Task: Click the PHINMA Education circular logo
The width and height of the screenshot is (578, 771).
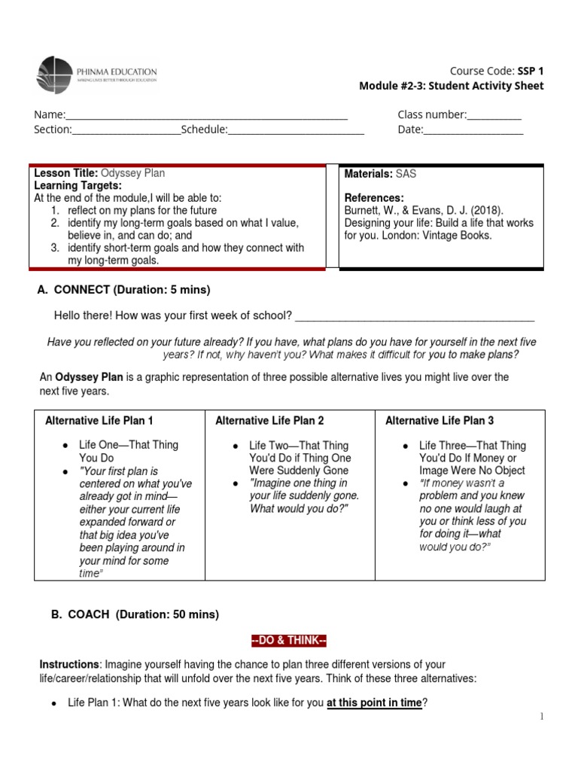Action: coord(55,75)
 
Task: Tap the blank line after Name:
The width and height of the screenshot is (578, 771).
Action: coord(207,116)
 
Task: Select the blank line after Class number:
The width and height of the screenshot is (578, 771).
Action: coord(494,116)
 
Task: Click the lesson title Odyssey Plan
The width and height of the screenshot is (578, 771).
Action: coord(132,173)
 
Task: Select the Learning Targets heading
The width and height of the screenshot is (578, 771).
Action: coord(78,185)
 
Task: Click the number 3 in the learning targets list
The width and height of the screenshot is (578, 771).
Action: coord(54,248)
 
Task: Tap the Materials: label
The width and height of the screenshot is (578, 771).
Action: coord(368,173)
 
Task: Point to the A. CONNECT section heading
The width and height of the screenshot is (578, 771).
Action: coord(124,290)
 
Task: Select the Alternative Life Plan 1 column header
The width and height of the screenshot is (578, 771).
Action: coord(99,421)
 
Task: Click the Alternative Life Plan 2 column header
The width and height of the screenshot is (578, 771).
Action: coord(269,421)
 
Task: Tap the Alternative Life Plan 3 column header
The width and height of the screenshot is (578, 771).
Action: coord(440,421)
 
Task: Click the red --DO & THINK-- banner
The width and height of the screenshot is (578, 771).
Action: coord(288,641)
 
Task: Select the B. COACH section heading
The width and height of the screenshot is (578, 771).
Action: coord(135,614)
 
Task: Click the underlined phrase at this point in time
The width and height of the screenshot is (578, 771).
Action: coord(374,702)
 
